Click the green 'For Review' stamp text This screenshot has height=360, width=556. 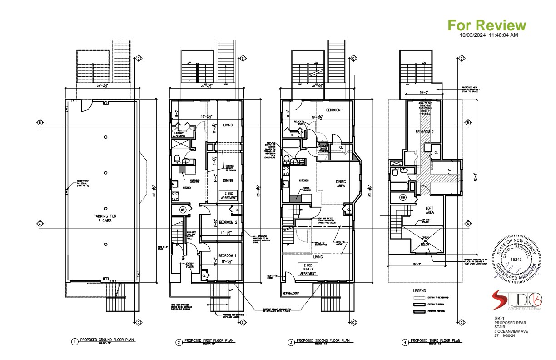coord(487,25)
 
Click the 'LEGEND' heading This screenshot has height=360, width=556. coord(419,290)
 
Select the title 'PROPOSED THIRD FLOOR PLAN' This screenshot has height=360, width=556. coord(435,340)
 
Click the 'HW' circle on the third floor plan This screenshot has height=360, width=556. coord(403,197)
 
